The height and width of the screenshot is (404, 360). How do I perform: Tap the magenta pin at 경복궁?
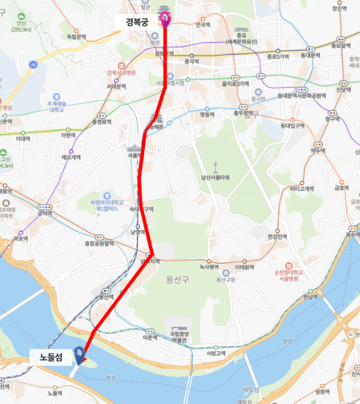(x=165, y=19)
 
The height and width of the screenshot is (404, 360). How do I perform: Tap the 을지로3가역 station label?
(x=235, y=84)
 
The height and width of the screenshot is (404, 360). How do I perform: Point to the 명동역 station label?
(x=206, y=115)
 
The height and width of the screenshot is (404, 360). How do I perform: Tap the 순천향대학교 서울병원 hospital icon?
(x=288, y=266)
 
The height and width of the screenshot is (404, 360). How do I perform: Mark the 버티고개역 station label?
(x=297, y=190)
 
